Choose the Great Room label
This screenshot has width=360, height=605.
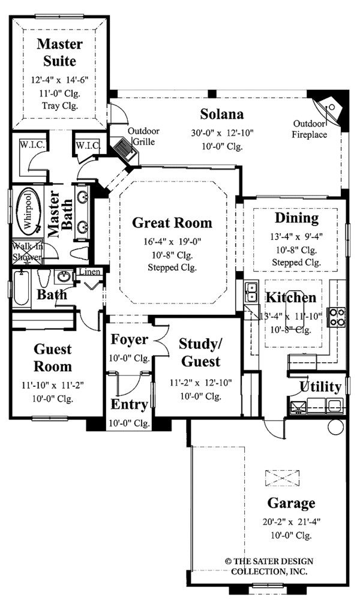point(172,223)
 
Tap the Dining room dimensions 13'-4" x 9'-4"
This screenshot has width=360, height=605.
point(296,237)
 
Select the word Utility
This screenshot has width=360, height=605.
point(320,386)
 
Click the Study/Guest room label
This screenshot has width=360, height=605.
point(200,353)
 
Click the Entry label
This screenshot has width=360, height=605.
point(129,405)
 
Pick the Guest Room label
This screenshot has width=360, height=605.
point(52,357)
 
